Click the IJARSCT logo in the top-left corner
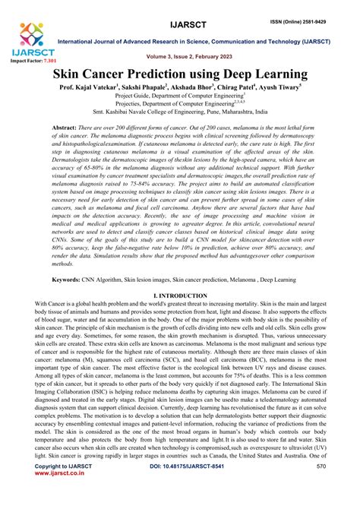pos(30,39)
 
